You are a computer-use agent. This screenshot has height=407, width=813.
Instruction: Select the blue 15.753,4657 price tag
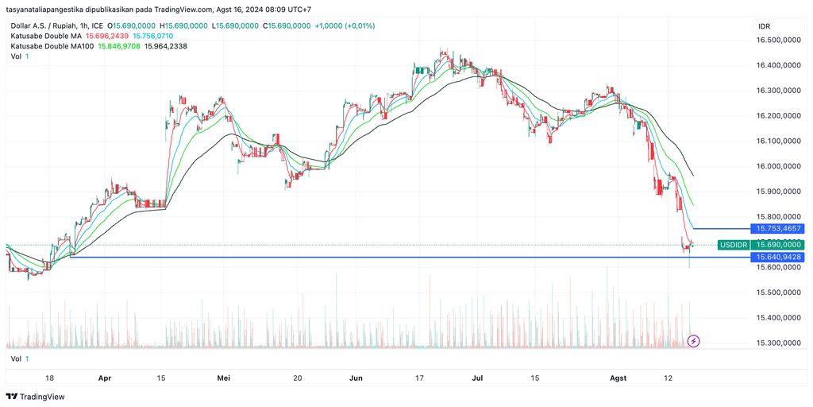(x=779, y=229)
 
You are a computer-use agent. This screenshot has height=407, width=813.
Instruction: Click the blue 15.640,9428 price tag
(x=779, y=257)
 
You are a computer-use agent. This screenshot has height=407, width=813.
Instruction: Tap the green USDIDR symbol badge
(x=733, y=245)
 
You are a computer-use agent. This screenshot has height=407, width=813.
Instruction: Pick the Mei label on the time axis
(x=223, y=378)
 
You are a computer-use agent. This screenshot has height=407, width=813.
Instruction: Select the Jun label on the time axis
(x=356, y=378)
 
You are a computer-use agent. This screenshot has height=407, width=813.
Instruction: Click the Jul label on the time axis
(x=477, y=378)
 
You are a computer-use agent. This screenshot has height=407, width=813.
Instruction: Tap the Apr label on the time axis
(x=105, y=378)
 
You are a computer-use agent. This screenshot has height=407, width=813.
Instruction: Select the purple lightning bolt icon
(x=693, y=341)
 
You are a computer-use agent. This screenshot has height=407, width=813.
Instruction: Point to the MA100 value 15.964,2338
(x=166, y=46)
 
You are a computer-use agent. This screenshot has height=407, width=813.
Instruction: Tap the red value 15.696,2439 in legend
(x=106, y=36)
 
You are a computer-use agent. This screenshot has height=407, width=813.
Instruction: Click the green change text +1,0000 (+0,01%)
(x=345, y=25)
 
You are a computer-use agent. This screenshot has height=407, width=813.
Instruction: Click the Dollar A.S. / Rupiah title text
(x=43, y=25)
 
